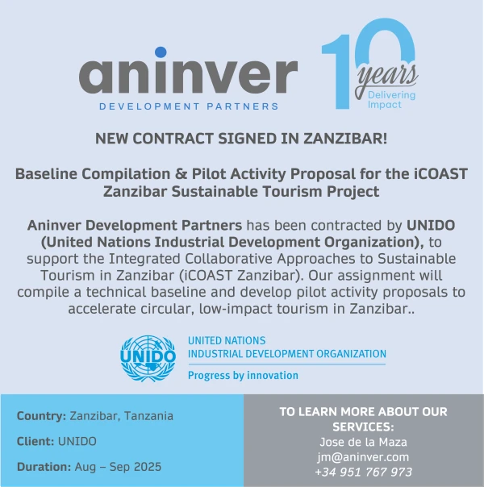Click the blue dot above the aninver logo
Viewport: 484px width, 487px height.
pyautogui.click(x=161, y=52)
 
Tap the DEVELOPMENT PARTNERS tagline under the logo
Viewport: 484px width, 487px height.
pyautogui.click(x=189, y=106)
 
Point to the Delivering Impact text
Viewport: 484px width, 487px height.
pyautogui.click(x=391, y=100)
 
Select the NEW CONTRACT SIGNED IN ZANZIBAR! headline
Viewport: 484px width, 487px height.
pyautogui.click(x=241, y=139)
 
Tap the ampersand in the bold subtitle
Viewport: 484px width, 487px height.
pyautogui.click(x=181, y=173)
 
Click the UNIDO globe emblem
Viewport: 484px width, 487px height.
pyautogui.click(x=148, y=358)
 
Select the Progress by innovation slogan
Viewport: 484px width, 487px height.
pyautogui.click(x=243, y=376)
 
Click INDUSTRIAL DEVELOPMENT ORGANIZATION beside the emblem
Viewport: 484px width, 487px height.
pyautogui.click(x=287, y=354)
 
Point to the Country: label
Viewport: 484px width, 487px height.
pyautogui.click(x=42, y=416)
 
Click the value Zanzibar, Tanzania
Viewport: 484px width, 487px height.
pyautogui.click(x=122, y=416)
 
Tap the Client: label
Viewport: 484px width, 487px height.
pyautogui.click(x=35, y=441)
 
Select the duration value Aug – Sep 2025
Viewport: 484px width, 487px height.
pyautogui.click(x=118, y=467)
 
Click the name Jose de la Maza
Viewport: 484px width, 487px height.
pyautogui.click(x=364, y=442)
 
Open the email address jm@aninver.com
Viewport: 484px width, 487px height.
pyautogui.click(x=364, y=457)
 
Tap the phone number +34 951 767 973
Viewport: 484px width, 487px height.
pyautogui.click(x=364, y=472)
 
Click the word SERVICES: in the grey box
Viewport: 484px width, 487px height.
pyautogui.click(x=364, y=427)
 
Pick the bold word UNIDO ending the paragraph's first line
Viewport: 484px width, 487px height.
pyautogui.click(x=431, y=226)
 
